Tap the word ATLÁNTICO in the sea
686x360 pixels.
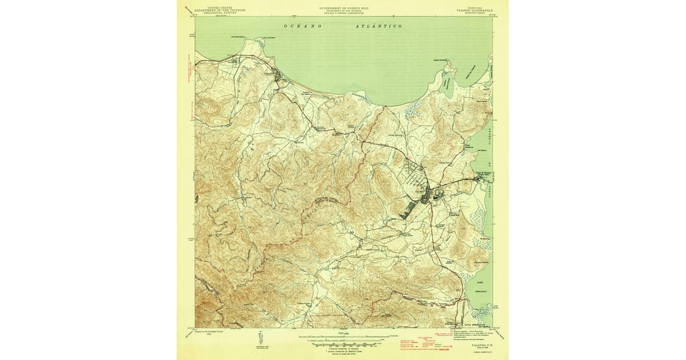tap(378, 26)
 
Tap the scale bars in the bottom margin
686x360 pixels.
tap(343, 341)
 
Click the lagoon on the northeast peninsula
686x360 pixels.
tap(448, 87)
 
